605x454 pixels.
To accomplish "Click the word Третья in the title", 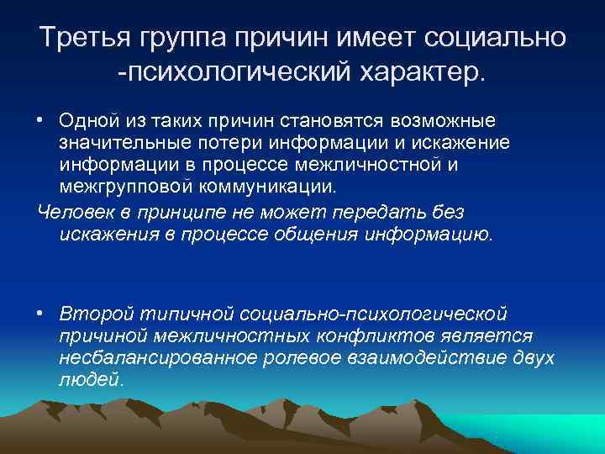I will click(x=87, y=39).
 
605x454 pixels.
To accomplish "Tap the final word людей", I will click(x=92, y=379).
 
